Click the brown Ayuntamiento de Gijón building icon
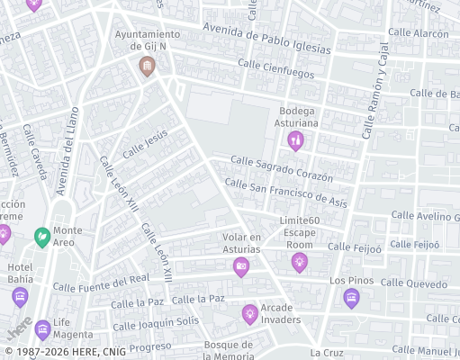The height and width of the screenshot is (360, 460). click(x=147, y=66)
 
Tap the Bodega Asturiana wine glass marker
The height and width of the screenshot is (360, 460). click(x=295, y=140)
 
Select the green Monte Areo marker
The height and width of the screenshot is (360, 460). click(x=41, y=238)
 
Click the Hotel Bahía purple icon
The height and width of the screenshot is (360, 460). click(x=20, y=297)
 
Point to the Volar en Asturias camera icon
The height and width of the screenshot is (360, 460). click(x=241, y=266)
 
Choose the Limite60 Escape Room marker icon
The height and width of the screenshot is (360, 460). click(x=299, y=262)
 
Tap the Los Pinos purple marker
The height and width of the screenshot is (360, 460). click(x=351, y=298)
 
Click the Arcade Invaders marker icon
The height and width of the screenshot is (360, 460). click(x=250, y=313)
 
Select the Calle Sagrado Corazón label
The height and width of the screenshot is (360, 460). click(x=281, y=168)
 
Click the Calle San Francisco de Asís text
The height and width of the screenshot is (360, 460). click(x=285, y=192)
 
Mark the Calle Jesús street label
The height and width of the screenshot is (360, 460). click(x=145, y=144)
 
